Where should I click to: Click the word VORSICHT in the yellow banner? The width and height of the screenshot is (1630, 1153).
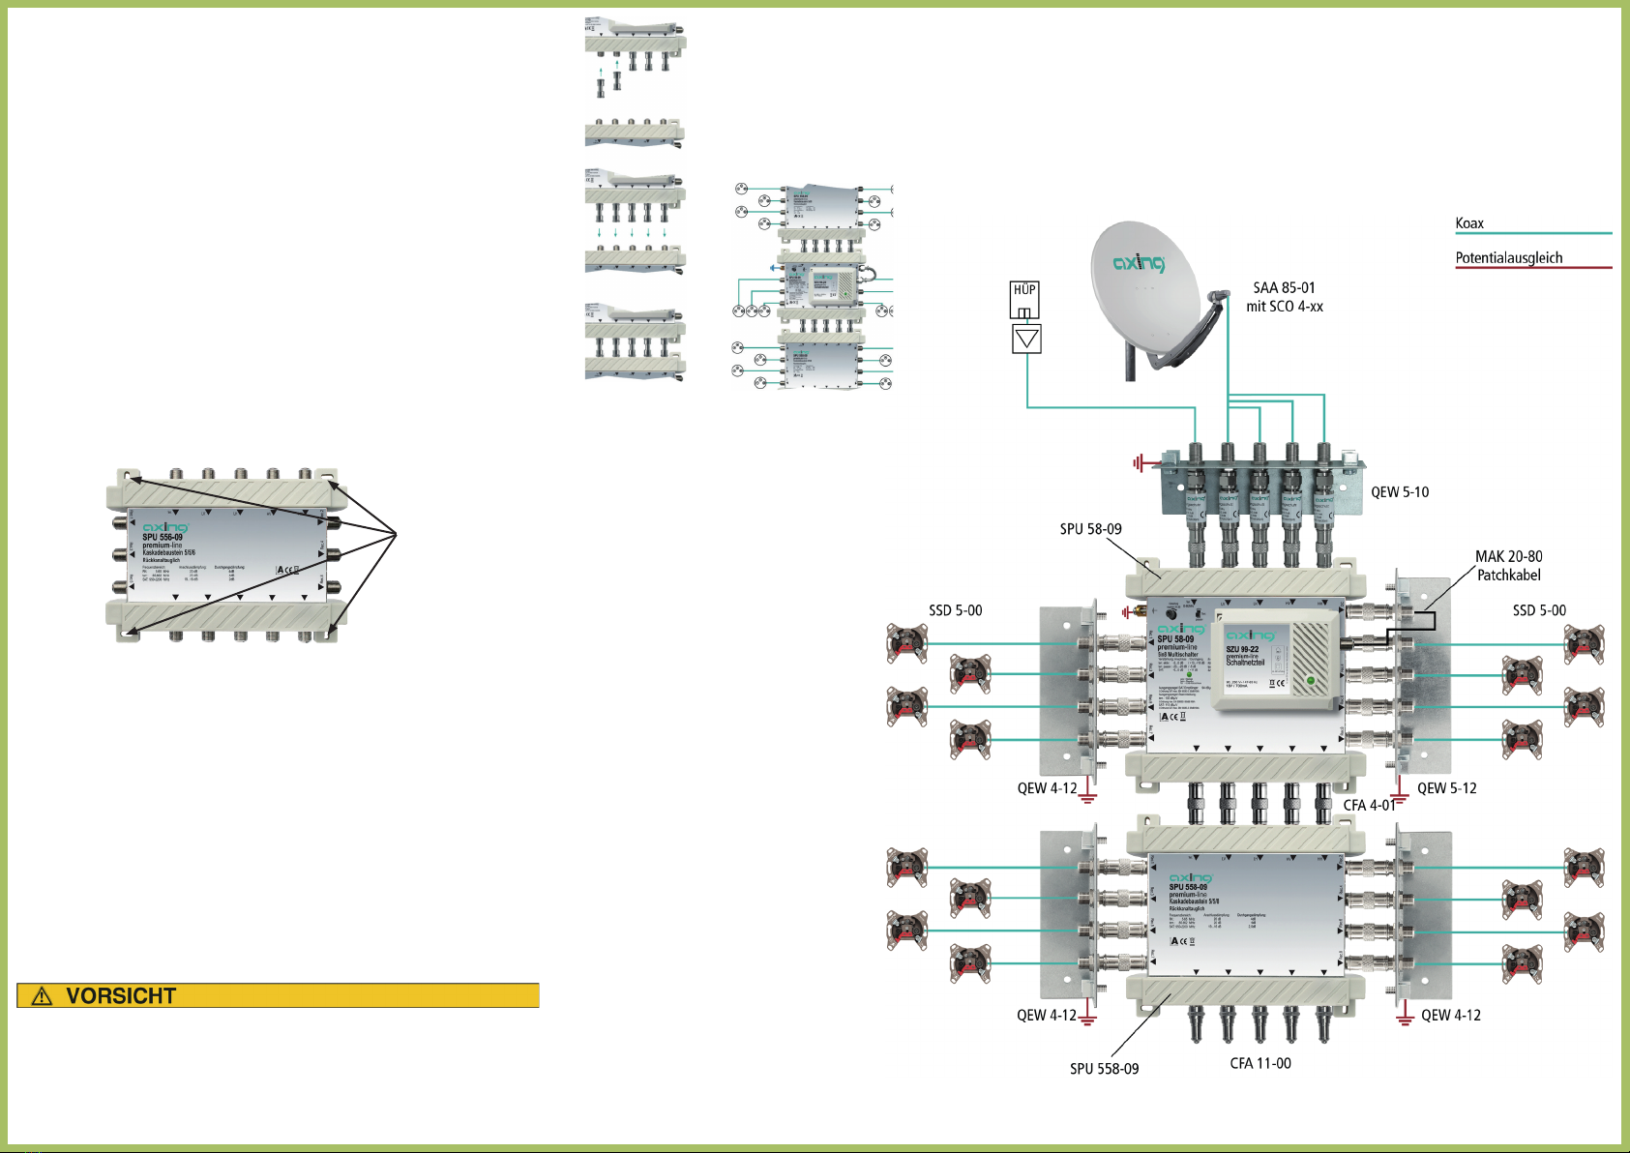click(121, 995)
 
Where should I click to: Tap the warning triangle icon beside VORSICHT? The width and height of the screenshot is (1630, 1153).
click(42, 995)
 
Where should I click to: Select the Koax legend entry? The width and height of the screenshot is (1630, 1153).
click(1468, 223)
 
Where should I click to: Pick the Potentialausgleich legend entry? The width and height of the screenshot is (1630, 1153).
click(1508, 258)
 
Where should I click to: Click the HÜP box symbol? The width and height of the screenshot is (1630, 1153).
click(1024, 299)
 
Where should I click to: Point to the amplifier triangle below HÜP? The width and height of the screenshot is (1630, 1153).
click(1026, 339)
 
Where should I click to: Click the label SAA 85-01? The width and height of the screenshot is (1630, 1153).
click(1284, 288)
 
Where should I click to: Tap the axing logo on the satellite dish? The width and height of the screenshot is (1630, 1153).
click(1139, 262)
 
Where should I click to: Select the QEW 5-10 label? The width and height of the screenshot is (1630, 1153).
click(1399, 492)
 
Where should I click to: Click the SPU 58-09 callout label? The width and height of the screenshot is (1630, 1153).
click(1090, 529)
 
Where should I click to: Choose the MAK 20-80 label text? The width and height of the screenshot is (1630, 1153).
click(1508, 557)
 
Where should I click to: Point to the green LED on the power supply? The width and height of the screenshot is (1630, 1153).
click(1311, 681)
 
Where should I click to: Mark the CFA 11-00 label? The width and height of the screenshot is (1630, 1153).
click(1260, 1063)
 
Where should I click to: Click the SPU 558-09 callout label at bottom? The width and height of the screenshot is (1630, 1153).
click(1104, 1069)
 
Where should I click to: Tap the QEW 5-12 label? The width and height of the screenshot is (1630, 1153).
click(1446, 788)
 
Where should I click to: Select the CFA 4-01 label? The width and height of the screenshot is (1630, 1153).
click(1368, 805)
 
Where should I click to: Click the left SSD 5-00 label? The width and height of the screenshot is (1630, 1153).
click(955, 610)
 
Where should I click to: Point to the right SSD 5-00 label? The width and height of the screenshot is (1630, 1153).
click(1538, 610)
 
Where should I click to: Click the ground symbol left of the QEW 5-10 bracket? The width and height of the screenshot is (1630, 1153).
click(1140, 463)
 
